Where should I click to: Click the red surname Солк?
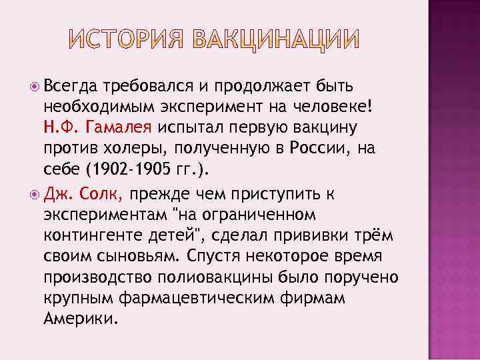tap(100, 194)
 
